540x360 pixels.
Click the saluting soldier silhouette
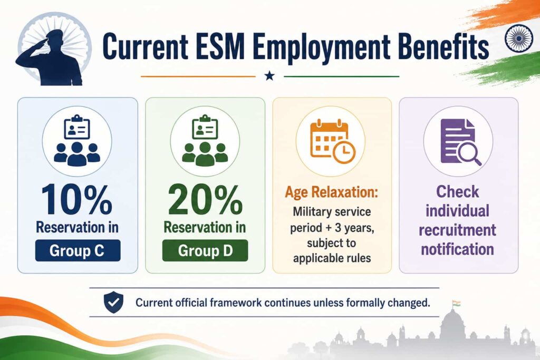(x=52, y=59)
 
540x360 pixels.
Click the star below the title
(x=269, y=76)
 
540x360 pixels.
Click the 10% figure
(x=76, y=200)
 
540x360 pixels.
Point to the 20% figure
(x=205, y=200)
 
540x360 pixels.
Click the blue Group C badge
(x=78, y=250)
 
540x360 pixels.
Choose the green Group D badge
(x=205, y=250)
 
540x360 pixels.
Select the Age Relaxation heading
(x=331, y=192)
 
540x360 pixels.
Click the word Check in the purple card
(x=457, y=192)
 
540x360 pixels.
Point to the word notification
(x=457, y=249)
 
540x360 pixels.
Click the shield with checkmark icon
(x=114, y=302)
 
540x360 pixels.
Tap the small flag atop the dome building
(x=456, y=304)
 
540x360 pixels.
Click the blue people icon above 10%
(x=77, y=141)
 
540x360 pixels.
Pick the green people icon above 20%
(x=205, y=141)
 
